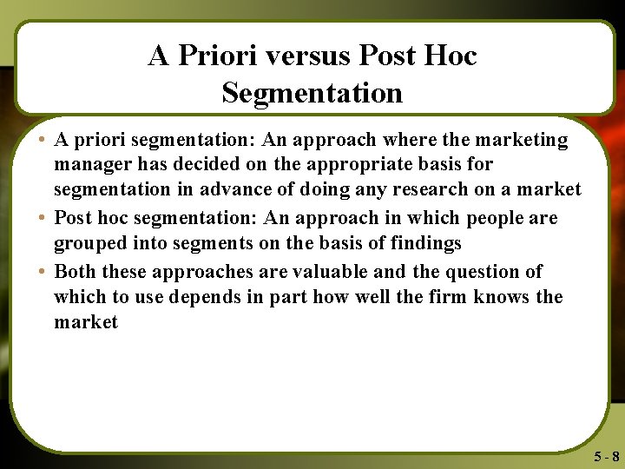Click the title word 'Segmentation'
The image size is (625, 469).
click(312, 92)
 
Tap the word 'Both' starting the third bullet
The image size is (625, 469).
click(76, 272)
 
